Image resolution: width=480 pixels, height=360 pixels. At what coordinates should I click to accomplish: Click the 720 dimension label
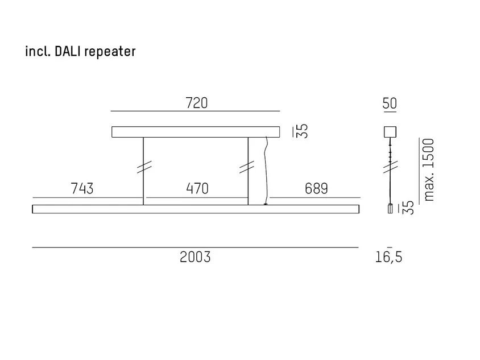(x=197, y=103)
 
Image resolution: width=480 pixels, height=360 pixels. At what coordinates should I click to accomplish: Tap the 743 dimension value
(x=82, y=189)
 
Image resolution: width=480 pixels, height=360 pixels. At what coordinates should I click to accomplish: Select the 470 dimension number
(x=197, y=189)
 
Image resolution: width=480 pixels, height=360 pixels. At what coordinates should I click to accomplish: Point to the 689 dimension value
(x=316, y=189)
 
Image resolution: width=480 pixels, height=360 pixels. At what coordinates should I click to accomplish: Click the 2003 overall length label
(x=195, y=257)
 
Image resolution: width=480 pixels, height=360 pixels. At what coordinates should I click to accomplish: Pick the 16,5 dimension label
(x=389, y=257)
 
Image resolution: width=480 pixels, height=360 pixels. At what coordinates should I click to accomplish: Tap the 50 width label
(x=390, y=104)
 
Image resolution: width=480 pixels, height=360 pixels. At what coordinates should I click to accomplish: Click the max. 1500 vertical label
(x=429, y=170)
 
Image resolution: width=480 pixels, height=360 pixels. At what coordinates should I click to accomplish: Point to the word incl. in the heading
(x=38, y=51)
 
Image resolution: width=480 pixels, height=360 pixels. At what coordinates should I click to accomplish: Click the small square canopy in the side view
(x=390, y=132)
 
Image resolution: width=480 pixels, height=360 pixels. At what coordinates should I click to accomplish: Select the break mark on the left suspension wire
(x=144, y=167)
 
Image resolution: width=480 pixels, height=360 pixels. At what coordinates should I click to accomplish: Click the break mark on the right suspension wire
(x=247, y=167)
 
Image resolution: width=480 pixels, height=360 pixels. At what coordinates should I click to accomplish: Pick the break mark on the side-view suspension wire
(x=391, y=167)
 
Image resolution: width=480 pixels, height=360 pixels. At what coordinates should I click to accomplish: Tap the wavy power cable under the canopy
(x=266, y=171)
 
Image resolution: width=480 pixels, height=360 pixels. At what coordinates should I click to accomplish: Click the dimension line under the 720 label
(x=195, y=111)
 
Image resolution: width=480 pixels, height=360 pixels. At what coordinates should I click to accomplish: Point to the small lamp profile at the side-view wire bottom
(x=390, y=209)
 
